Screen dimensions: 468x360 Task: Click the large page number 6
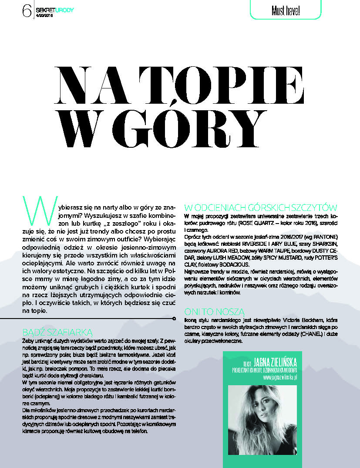click(x=26, y=10)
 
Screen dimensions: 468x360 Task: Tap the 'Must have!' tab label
click(x=286, y=9)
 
